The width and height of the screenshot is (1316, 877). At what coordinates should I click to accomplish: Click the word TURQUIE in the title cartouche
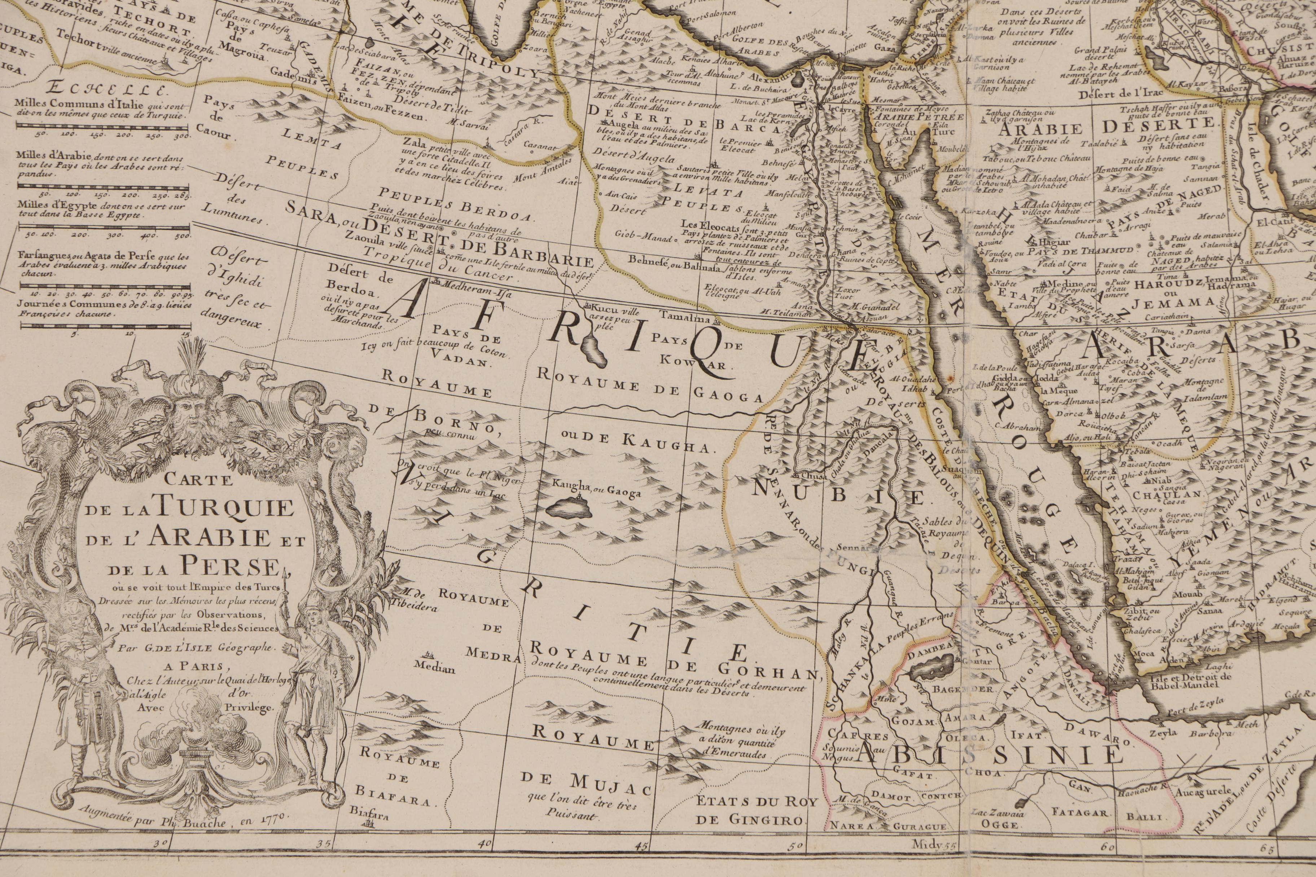pos(225,510)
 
